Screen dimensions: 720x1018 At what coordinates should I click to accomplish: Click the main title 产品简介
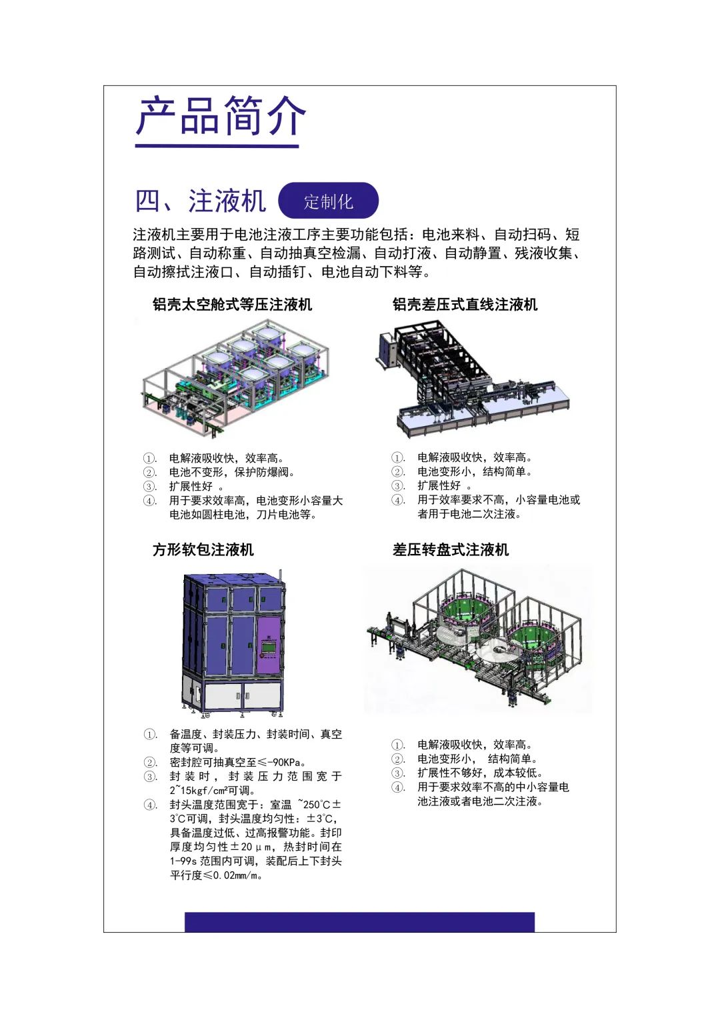click(221, 116)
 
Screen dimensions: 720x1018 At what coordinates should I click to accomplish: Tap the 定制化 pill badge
click(328, 201)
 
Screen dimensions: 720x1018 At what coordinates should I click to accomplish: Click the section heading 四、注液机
click(201, 201)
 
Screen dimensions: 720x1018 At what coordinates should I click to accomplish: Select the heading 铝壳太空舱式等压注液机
click(232, 304)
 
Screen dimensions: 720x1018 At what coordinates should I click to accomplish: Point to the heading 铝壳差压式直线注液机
click(465, 304)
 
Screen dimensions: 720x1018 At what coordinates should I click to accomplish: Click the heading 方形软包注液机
click(203, 549)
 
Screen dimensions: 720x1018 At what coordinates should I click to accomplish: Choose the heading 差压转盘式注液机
click(451, 549)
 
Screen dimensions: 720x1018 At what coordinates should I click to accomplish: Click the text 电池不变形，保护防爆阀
click(232, 472)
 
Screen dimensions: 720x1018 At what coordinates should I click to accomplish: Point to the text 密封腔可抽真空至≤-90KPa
click(238, 762)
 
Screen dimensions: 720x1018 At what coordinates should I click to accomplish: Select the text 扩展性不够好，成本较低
click(480, 773)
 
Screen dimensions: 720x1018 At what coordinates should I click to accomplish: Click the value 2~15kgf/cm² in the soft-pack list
click(201, 790)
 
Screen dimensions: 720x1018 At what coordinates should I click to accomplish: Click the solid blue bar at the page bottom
click(359, 922)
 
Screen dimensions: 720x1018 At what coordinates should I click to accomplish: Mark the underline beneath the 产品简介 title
click(217, 147)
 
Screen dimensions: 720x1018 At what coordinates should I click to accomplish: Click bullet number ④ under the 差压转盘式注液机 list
click(398, 787)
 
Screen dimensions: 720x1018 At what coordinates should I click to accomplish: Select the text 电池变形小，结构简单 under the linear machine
click(475, 471)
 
